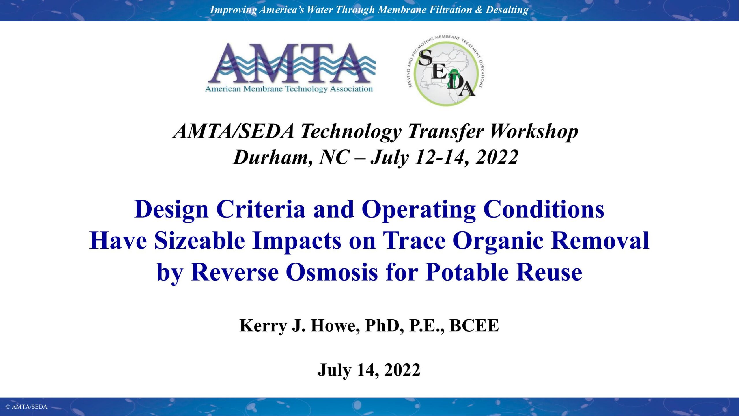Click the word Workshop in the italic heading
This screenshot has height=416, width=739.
click(534, 131)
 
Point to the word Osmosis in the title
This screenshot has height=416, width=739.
click(332, 272)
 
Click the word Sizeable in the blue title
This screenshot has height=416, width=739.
click(200, 241)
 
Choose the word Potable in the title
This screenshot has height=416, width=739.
click(467, 272)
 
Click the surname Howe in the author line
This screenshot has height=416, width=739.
click(335, 326)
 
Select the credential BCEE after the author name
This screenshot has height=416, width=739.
click(474, 326)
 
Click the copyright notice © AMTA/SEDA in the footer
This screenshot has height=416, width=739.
click(26, 407)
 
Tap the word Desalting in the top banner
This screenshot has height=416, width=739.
click(507, 10)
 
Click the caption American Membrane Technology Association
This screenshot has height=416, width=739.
click(289, 89)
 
